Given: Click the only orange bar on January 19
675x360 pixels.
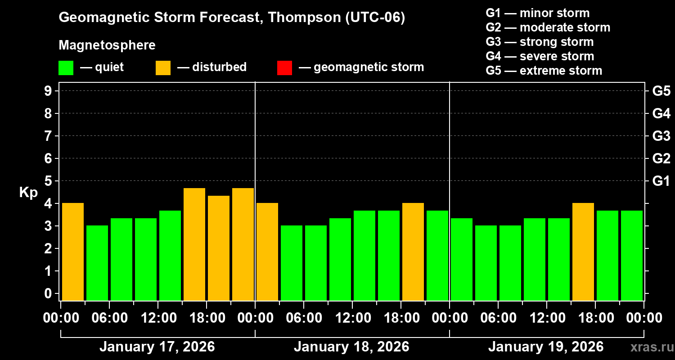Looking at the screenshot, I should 583,252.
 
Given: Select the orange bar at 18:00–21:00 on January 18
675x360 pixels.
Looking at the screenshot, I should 413,252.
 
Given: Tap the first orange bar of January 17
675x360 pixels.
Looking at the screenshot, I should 73,252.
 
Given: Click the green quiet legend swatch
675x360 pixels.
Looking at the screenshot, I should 66,67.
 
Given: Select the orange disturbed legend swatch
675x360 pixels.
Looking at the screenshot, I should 163,67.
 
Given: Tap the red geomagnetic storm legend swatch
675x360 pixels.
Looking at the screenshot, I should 284,67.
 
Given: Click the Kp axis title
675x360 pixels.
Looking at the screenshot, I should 28,193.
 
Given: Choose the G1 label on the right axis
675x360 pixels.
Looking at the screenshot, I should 661,181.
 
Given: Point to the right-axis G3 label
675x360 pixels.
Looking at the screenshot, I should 661,136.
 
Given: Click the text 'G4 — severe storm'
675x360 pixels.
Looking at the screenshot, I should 540,56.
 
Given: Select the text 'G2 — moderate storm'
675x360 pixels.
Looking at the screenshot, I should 548,27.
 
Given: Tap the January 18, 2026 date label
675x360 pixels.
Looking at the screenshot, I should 351,347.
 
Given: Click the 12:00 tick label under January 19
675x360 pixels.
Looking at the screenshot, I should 546,318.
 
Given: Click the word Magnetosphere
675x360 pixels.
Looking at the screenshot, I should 107,45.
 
